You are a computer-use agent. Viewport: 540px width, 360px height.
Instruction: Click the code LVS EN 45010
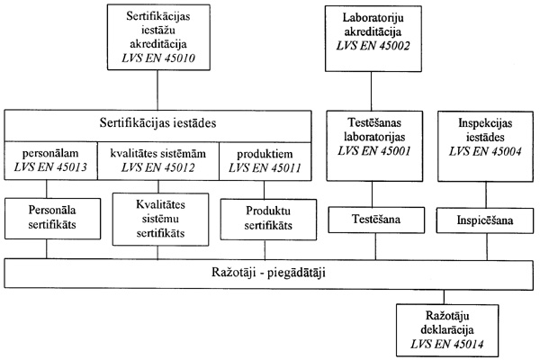[158, 60]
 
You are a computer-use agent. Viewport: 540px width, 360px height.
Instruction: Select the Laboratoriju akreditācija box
[371, 37]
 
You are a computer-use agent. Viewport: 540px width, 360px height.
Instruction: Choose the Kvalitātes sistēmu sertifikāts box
[158, 220]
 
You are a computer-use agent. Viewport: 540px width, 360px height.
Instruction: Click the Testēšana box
[371, 220]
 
